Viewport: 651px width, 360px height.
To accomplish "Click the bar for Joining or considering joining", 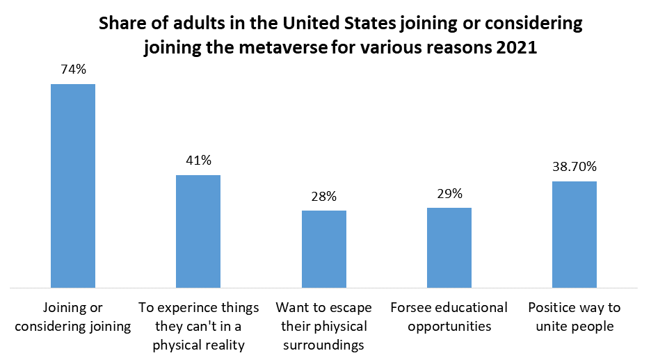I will [73, 186].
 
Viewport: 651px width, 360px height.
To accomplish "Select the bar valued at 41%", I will [198, 231].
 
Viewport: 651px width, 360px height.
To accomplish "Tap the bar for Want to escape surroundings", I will [323, 249].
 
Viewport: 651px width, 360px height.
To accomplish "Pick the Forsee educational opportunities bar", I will [449, 247].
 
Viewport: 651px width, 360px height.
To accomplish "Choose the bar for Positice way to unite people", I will [574, 234].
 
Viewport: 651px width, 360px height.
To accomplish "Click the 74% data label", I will [73, 69].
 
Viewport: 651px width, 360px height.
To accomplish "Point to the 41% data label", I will [198, 161].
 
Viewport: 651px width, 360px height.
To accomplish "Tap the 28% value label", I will [323, 196].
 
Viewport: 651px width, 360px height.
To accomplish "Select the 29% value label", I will [449, 194].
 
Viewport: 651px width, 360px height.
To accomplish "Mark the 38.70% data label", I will [574, 167].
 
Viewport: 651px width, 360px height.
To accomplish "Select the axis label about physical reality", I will [198, 325].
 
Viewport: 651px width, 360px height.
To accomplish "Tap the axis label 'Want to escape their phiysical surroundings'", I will [323, 325].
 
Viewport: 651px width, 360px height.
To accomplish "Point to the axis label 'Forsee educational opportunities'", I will [449, 316].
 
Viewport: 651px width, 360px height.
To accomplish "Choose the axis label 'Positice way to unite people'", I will [574, 316].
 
